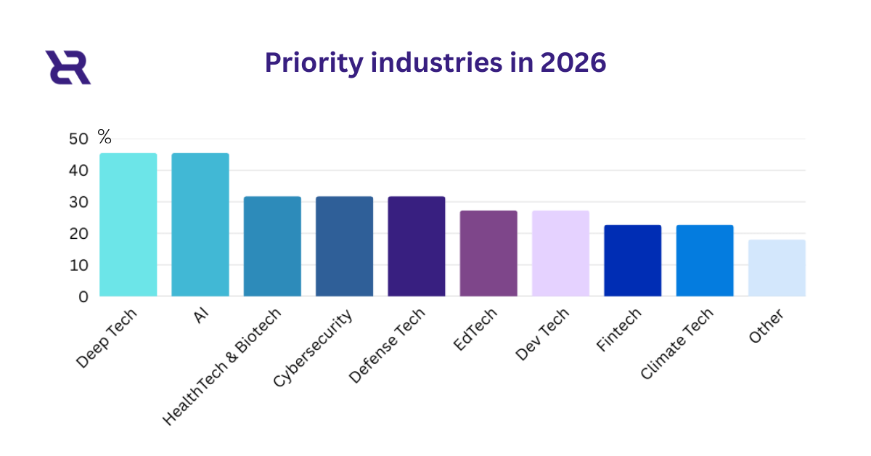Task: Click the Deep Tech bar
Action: tap(128, 225)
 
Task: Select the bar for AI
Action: tap(200, 225)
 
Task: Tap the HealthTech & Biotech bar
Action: tap(272, 246)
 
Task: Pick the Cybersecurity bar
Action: tap(344, 246)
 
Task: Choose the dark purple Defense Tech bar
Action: tap(417, 246)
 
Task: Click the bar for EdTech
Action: tap(488, 253)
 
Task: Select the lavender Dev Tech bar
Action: tap(560, 253)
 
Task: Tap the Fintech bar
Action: tap(633, 261)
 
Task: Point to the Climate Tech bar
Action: tap(705, 261)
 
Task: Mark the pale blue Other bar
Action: tap(777, 268)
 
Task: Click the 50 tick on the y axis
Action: tap(79, 139)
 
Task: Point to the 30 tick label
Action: tap(79, 203)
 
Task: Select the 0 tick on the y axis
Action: tap(84, 297)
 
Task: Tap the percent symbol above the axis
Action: tap(105, 136)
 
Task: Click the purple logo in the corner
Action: tap(68, 68)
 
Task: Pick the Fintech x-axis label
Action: tap(618, 331)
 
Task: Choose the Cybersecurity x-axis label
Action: tap(314, 348)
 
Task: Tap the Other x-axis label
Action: tap(766, 327)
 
